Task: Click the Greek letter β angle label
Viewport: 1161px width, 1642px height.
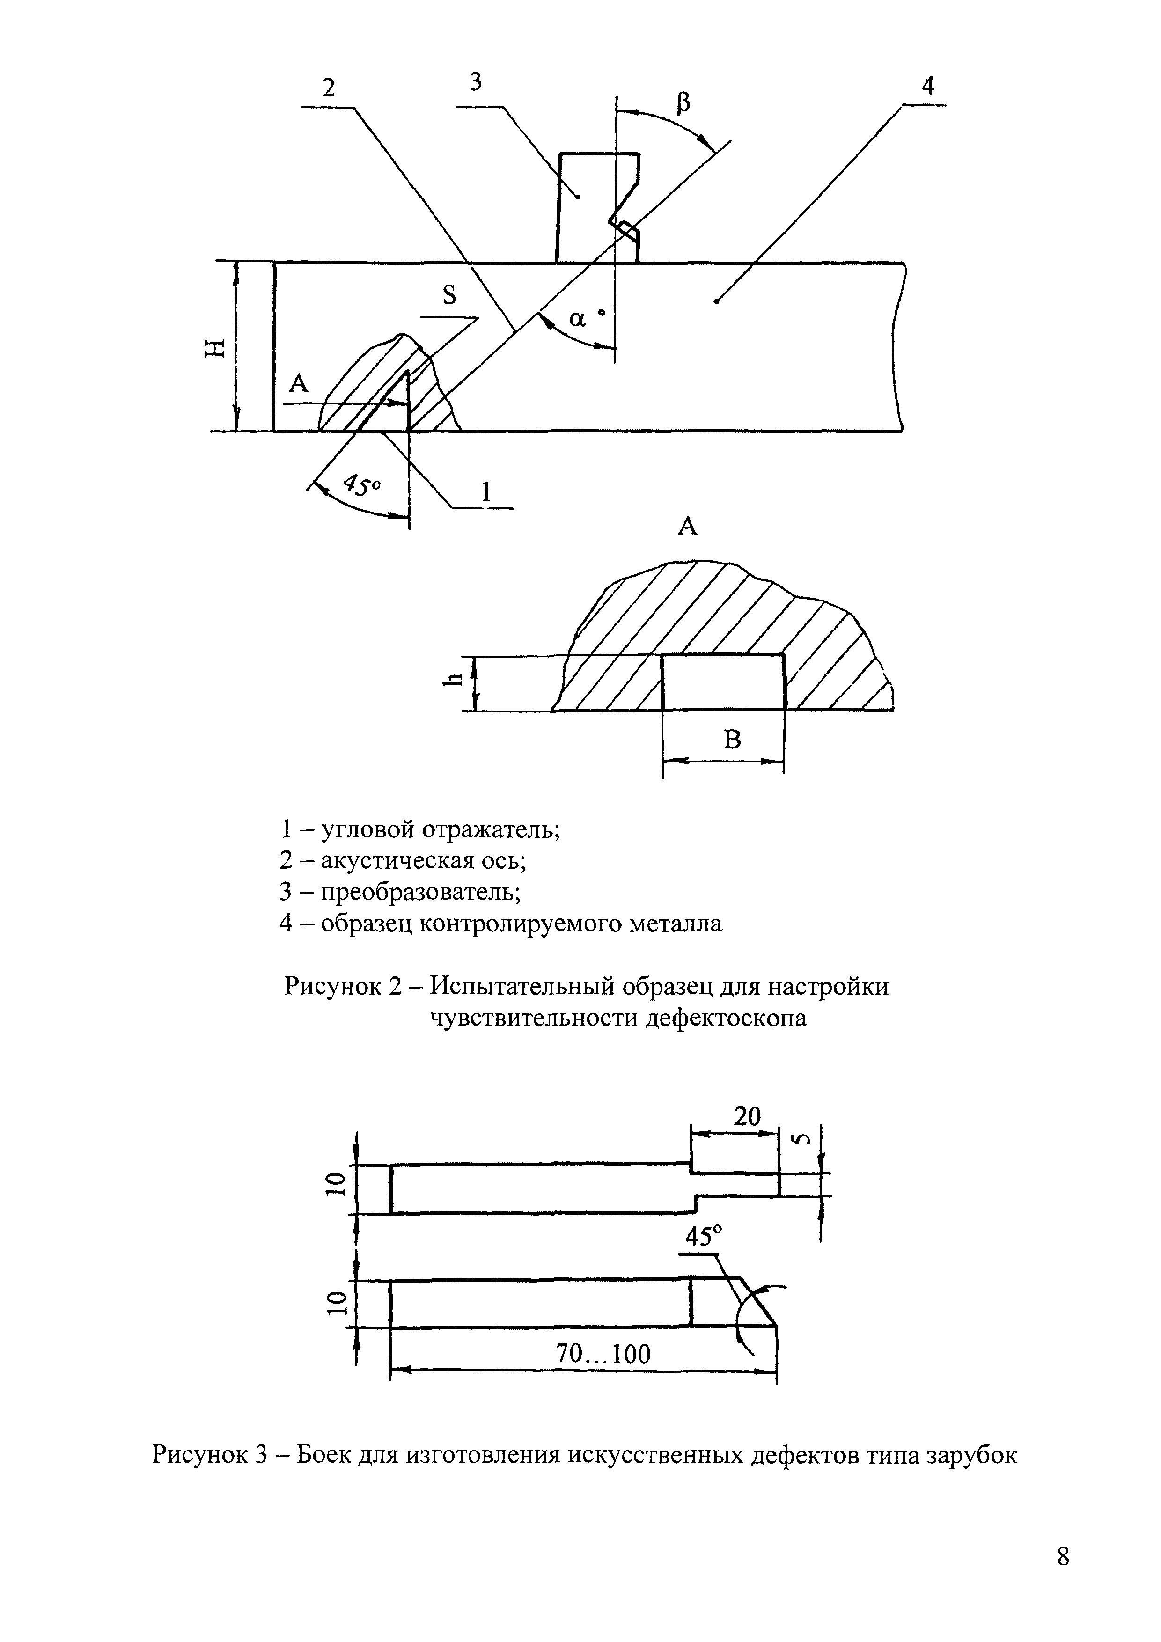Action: click(683, 105)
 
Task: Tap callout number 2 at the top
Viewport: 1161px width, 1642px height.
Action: click(328, 88)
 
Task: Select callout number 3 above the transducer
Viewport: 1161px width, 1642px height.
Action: click(476, 82)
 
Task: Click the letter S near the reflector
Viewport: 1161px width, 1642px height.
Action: click(449, 294)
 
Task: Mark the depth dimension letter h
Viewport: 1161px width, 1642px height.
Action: click(451, 684)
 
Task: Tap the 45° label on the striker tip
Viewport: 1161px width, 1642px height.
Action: click(704, 1236)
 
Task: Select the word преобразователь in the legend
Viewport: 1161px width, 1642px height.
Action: click(420, 892)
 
